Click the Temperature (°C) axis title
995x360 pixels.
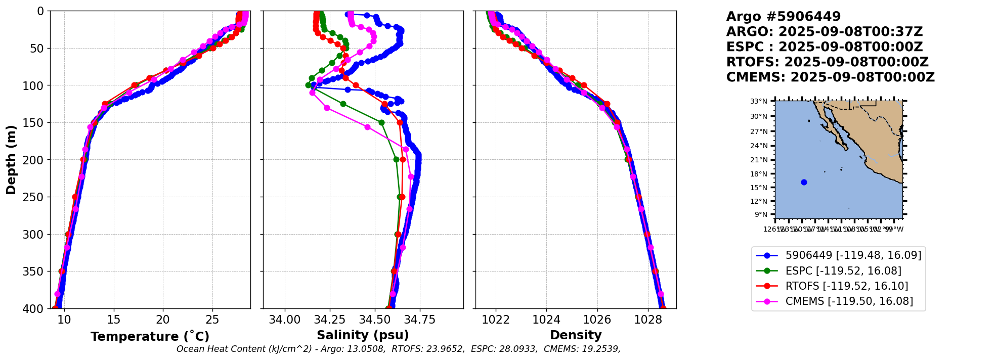pyautogui.click(x=150, y=337)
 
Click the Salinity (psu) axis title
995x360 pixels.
pyautogui.click(x=363, y=335)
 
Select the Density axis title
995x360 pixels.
pyautogui.click(x=576, y=335)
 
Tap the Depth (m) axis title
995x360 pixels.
pyautogui.click(x=11, y=160)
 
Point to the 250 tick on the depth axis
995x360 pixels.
pyautogui.click(x=35, y=197)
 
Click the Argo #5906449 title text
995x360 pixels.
pyautogui.click(x=783, y=17)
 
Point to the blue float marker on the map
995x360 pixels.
pyautogui.click(x=804, y=182)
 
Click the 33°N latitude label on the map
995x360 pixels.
pyautogui.click(x=758, y=101)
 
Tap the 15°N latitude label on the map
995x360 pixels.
pyautogui.click(x=758, y=188)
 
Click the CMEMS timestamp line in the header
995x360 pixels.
pyautogui.click(x=830, y=77)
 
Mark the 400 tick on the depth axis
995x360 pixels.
pyautogui.click(x=35, y=309)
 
